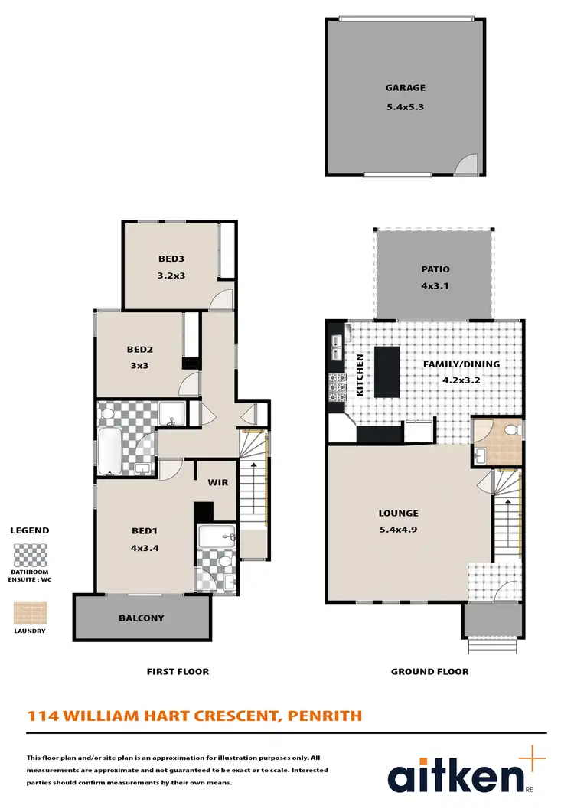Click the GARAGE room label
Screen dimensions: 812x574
click(x=405, y=88)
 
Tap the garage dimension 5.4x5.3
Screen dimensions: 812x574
click(x=405, y=107)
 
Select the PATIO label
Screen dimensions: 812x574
click(x=435, y=269)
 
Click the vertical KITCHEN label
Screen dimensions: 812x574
click(x=359, y=374)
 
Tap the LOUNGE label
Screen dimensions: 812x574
click(x=398, y=513)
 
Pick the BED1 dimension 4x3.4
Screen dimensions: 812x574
click(x=145, y=547)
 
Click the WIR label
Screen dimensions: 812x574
click(x=218, y=483)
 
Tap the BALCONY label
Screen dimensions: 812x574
click(x=141, y=618)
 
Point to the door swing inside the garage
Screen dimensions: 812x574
click(x=467, y=164)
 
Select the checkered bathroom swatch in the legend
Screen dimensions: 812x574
click(x=30, y=555)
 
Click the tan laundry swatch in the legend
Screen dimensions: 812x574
click(x=30, y=613)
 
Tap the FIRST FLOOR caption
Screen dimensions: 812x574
click(x=178, y=672)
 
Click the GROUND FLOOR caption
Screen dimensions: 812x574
click(x=429, y=672)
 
